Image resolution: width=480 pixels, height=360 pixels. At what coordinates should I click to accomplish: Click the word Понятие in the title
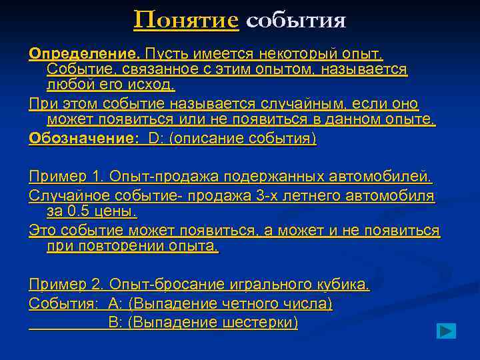[x=186, y=20]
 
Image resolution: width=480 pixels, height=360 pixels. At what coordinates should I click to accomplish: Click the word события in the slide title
[x=296, y=21]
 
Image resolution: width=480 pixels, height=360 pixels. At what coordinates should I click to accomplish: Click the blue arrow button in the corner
[x=446, y=331]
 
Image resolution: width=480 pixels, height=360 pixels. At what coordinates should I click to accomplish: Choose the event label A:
[x=115, y=303]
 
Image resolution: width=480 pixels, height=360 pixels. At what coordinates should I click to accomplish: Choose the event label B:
[x=115, y=323]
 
